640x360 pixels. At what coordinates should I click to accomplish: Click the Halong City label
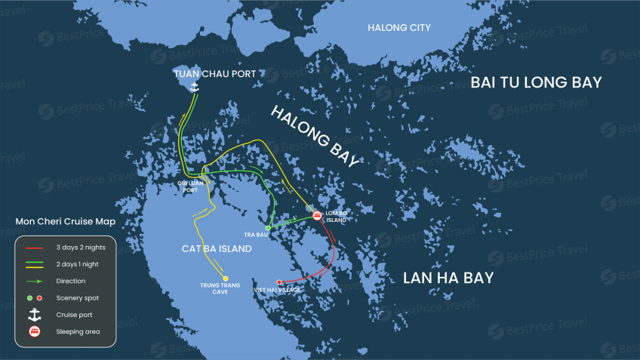pyautogui.click(x=398, y=28)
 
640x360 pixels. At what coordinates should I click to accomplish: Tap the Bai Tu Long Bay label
pyautogui.click(x=536, y=82)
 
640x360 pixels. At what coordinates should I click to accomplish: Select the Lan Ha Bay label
pyautogui.click(x=448, y=278)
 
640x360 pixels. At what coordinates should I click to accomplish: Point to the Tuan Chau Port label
pyautogui.click(x=214, y=74)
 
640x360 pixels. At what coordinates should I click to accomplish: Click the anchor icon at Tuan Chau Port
pyautogui.click(x=194, y=88)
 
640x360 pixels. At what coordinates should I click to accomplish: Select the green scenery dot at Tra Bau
pyautogui.click(x=268, y=227)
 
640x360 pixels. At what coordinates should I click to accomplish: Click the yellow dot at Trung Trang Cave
pyautogui.click(x=225, y=278)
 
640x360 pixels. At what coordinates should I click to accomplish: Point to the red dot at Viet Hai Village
pyautogui.click(x=279, y=282)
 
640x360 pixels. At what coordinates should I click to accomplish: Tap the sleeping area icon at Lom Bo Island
pyautogui.click(x=317, y=216)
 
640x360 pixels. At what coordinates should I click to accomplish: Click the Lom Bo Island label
pyautogui.click(x=336, y=216)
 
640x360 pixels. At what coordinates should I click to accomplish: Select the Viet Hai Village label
pyautogui.click(x=277, y=290)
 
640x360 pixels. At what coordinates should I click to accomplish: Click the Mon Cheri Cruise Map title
pyautogui.click(x=66, y=221)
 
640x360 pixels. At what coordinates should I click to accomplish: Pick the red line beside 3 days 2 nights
pyautogui.click(x=35, y=248)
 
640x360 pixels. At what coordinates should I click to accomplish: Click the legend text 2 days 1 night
pyautogui.click(x=77, y=264)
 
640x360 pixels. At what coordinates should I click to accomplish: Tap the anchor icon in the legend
pyautogui.click(x=35, y=315)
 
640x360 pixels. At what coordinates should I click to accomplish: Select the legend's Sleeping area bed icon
pyautogui.click(x=35, y=331)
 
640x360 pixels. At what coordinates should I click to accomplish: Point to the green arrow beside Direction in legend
pyautogui.click(x=35, y=281)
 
